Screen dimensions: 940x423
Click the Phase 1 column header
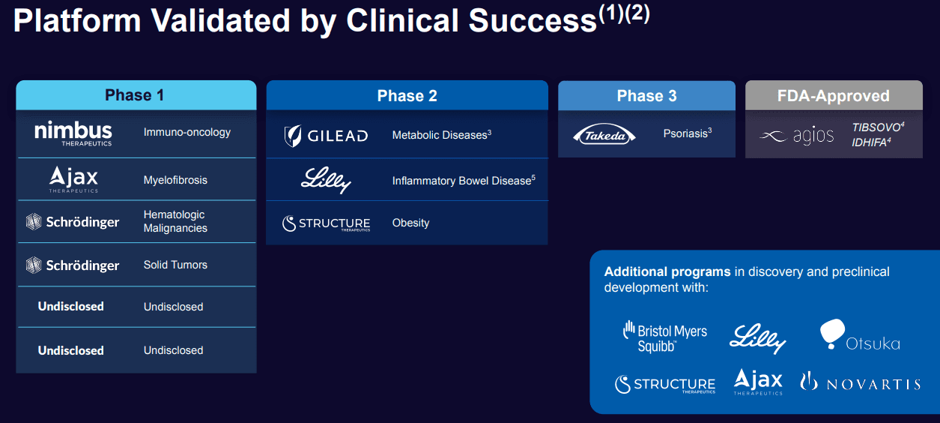135,95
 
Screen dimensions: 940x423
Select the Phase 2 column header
407,96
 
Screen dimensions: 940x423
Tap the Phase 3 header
646,96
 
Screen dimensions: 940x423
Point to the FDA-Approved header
833,96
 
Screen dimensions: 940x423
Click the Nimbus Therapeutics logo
73,133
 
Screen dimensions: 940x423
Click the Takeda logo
604,135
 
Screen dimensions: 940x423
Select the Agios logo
796,136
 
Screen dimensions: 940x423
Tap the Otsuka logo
859,335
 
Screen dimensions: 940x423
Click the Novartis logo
860,382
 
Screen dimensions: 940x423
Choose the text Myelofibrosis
175,180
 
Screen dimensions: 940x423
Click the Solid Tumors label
175,265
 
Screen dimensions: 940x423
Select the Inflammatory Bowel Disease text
461,181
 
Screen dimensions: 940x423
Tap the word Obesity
410,223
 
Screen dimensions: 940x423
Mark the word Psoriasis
685,134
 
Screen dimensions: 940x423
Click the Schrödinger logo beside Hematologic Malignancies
73,222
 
